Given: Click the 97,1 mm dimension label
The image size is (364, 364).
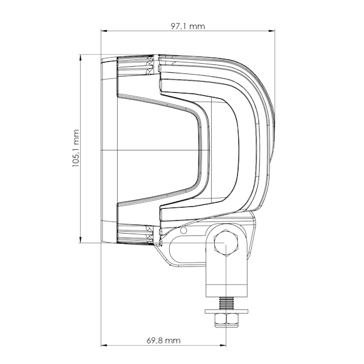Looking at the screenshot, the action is pos(188,26).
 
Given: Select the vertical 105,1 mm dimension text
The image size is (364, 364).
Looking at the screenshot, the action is pos(76,149).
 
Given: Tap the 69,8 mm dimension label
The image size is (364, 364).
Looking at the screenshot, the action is pos(163,340).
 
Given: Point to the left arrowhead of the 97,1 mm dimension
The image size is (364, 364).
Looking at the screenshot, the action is pos(104,31).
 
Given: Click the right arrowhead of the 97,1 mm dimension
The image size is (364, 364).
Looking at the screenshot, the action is pos(272,31).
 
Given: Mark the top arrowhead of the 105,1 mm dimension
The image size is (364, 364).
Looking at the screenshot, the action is pos(81,57).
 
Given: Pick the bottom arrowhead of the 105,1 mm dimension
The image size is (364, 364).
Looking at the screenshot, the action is pos(81,240).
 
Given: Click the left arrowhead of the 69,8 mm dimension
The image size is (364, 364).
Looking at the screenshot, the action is pos(104,345).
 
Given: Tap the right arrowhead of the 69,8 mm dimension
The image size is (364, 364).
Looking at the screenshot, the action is pos(223,345).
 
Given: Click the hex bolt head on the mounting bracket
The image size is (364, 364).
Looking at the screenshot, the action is pos(226,243).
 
